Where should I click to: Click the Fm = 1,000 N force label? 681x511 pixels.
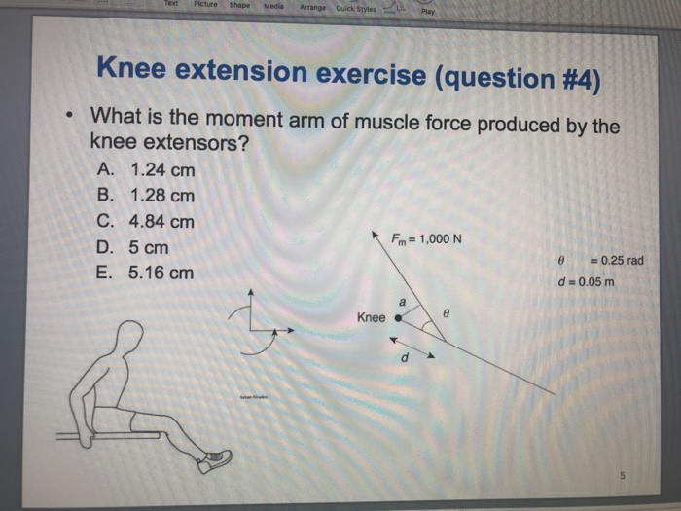tap(426, 240)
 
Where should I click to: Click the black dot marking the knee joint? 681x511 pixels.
tap(398, 317)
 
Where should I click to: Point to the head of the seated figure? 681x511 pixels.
tap(126, 337)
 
